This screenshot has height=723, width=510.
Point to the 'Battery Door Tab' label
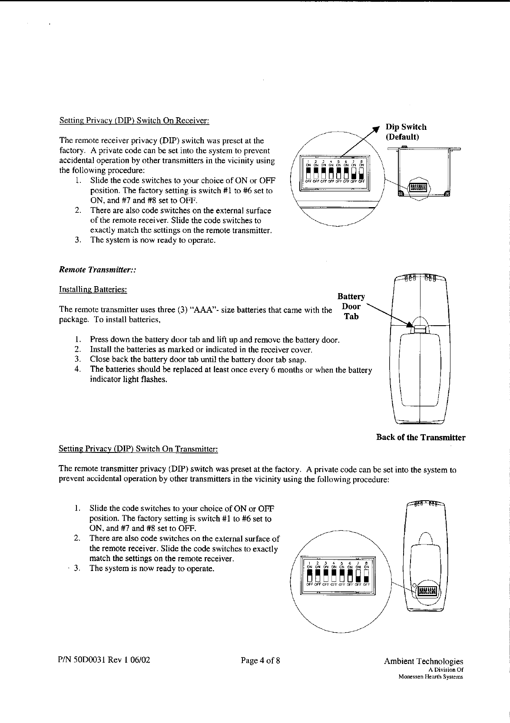351,306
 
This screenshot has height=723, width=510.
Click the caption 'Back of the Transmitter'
421,437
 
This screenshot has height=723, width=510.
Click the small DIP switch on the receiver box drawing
417,188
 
